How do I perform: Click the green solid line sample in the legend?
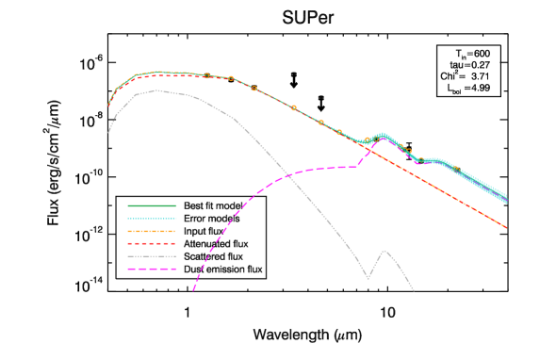152,205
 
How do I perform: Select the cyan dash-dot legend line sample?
152,219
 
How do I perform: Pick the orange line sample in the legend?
152,231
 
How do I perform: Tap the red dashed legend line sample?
152,243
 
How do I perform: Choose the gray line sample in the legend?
152,256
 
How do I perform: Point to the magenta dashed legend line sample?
152,269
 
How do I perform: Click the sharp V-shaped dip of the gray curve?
368,279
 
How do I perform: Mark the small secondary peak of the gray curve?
385,250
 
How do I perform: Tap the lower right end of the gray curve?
414,291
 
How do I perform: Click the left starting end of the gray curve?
108,133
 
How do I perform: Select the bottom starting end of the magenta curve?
193,290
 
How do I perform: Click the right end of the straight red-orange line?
507,227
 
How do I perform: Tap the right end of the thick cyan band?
507,198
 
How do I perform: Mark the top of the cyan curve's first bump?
383,135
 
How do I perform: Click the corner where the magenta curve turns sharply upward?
358,166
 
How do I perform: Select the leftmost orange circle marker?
206,75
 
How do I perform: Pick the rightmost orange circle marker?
456,169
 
